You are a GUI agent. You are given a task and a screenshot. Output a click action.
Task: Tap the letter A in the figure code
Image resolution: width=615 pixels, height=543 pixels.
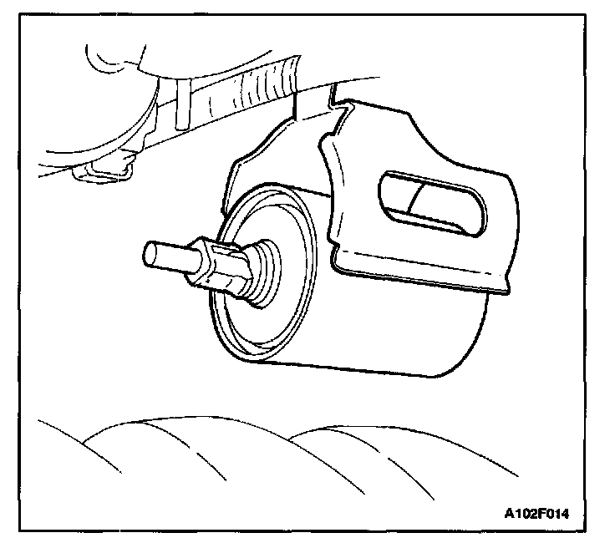point(509,514)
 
